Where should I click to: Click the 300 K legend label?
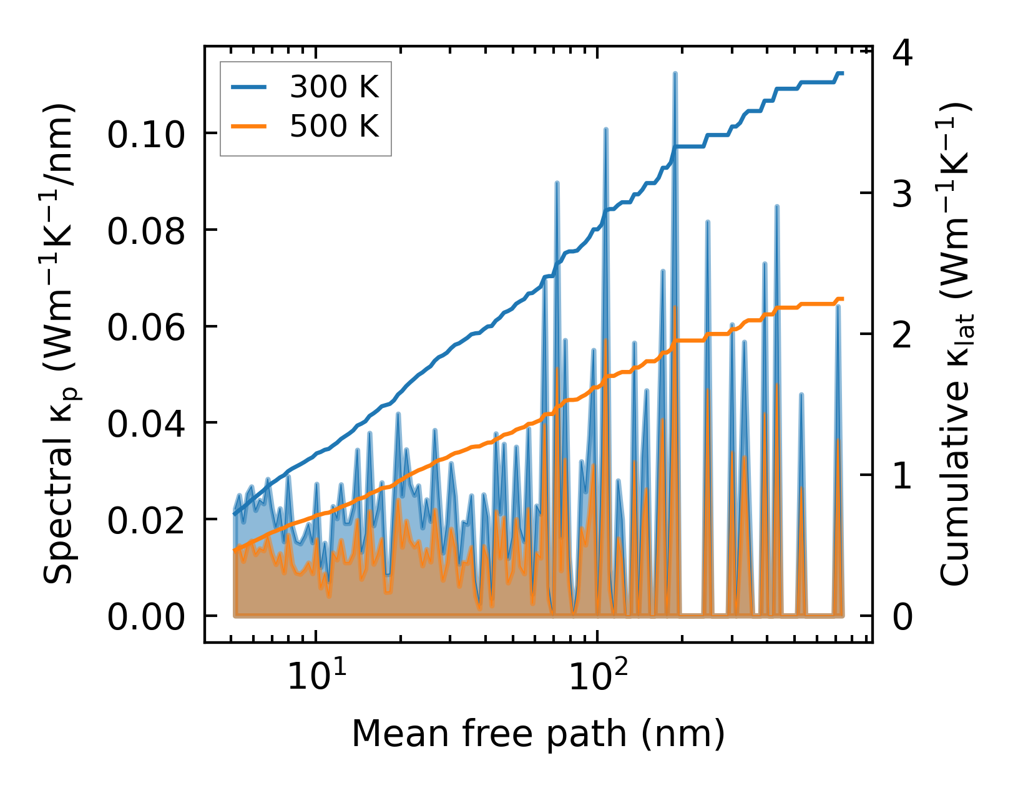334,87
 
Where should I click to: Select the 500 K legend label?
334,126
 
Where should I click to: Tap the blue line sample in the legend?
249,87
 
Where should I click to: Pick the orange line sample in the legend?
249,126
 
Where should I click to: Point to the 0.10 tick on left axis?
146,135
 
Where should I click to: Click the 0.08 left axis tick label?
146,231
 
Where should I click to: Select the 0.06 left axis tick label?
146,328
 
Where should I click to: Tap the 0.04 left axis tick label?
146,424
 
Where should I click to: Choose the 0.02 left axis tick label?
146,521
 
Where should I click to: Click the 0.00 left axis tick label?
146,618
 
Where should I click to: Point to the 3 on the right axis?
903,195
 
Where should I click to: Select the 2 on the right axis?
903,336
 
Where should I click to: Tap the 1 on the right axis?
903,477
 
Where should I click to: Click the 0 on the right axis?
903,618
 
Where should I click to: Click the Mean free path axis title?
538,734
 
